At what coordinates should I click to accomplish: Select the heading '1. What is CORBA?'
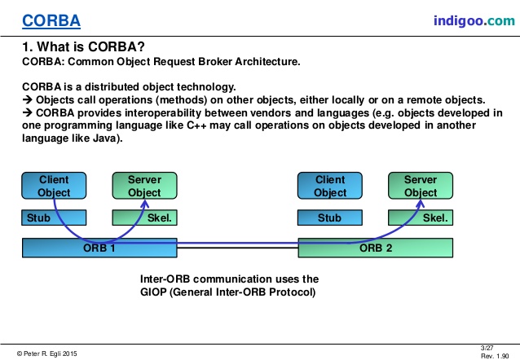(86, 46)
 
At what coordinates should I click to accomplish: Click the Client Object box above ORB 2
(329, 187)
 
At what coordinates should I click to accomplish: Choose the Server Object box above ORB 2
(421, 187)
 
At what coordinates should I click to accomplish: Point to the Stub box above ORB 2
(329, 218)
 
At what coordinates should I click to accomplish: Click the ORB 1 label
(99, 248)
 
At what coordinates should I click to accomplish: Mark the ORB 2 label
(376, 248)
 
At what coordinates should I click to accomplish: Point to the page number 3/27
(487, 348)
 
